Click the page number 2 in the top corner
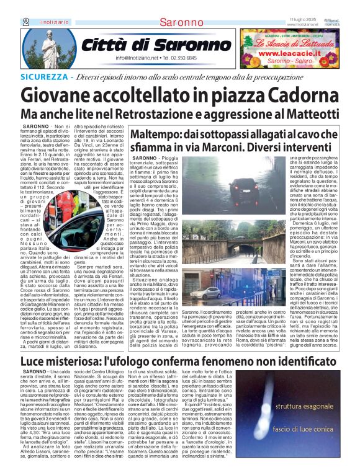[x=25, y=21]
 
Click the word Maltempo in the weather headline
[x=156, y=135]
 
